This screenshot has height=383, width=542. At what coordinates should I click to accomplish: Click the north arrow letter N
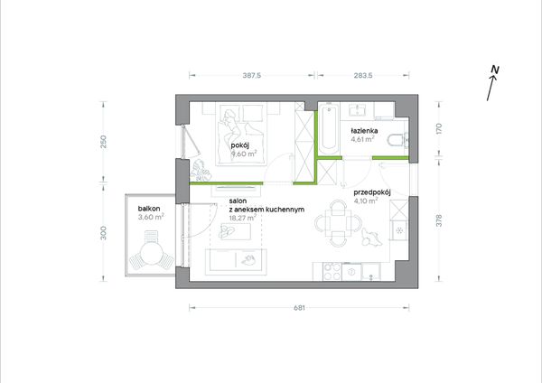(x=495, y=70)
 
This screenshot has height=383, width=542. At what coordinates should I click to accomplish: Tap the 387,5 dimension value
(x=252, y=75)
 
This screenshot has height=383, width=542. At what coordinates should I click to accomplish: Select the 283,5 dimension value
(x=363, y=75)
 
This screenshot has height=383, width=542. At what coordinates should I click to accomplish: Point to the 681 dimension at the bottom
(x=299, y=308)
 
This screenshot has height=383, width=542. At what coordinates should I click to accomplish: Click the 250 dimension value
(x=103, y=142)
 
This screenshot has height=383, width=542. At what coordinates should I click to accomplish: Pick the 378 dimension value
(x=439, y=220)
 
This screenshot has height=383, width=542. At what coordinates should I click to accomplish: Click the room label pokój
(x=240, y=145)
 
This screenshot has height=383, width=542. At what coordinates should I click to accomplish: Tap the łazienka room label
(x=364, y=131)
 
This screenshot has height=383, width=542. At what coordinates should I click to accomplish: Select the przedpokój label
(x=372, y=193)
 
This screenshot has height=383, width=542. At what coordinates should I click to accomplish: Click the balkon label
(x=149, y=209)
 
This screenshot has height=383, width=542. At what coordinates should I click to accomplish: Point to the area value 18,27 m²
(x=243, y=218)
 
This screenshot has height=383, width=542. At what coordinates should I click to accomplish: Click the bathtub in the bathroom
(x=329, y=129)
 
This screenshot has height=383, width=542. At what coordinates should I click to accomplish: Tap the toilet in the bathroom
(x=397, y=141)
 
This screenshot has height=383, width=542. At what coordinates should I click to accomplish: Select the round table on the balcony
(x=151, y=253)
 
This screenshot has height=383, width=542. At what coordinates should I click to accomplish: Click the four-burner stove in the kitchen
(x=332, y=271)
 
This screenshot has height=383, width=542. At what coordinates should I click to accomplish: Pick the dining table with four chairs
(x=338, y=223)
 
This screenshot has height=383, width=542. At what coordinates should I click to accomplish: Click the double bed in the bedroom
(x=240, y=134)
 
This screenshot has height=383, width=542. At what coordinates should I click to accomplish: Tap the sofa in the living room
(x=236, y=262)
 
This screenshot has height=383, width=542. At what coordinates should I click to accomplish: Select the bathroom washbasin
(x=356, y=111)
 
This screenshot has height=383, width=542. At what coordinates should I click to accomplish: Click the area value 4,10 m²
(x=366, y=201)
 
